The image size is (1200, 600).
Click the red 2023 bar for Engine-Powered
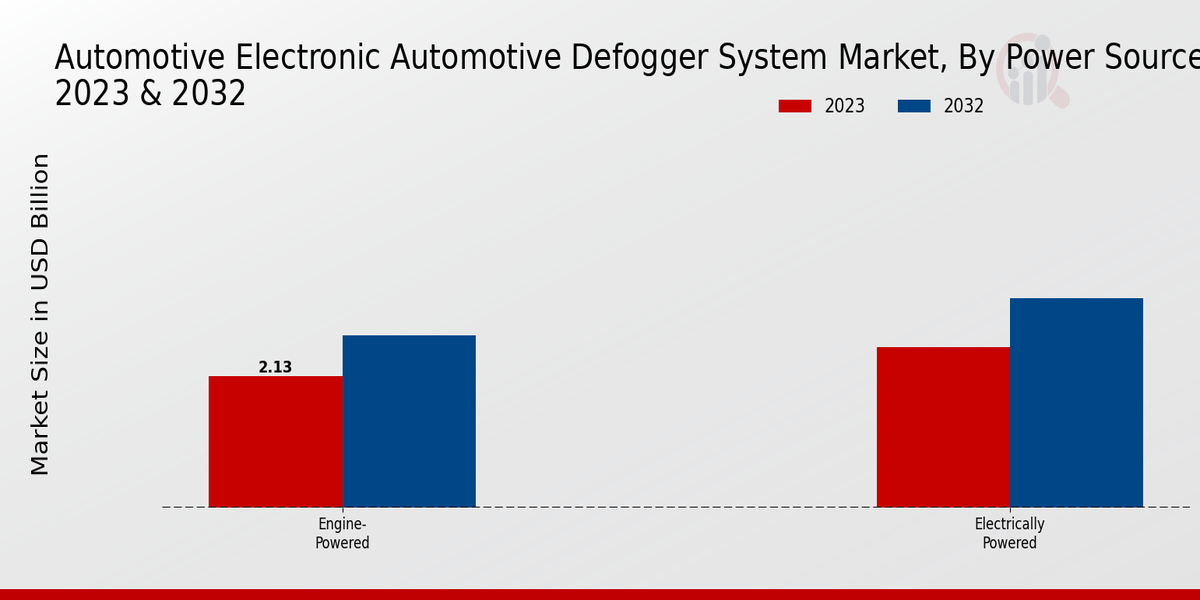point(275,441)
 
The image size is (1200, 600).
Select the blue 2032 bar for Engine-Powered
point(409,421)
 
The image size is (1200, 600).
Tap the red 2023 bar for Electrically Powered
point(943,427)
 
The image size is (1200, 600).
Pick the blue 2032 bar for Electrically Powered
point(1076,402)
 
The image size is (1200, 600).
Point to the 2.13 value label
point(275,367)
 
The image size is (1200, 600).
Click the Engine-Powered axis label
point(343,534)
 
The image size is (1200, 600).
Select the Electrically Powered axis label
point(1009,534)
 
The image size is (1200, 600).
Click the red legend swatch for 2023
point(795,106)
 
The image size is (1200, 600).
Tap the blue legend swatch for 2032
point(914,106)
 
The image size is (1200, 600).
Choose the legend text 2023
point(845,106)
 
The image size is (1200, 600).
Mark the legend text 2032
point(964,106)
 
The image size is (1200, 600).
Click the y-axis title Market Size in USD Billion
point(40,314)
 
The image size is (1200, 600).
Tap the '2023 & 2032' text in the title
point(150,94)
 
